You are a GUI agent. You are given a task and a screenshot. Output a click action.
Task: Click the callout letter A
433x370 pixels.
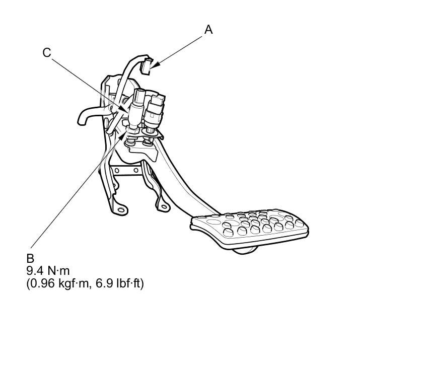pos(208,30)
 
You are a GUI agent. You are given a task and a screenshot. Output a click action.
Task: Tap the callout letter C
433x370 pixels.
pos(47,52)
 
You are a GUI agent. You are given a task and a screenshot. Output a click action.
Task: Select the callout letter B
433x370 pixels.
pos(30,258)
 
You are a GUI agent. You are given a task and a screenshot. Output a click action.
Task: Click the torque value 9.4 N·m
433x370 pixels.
pos(48,271)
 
